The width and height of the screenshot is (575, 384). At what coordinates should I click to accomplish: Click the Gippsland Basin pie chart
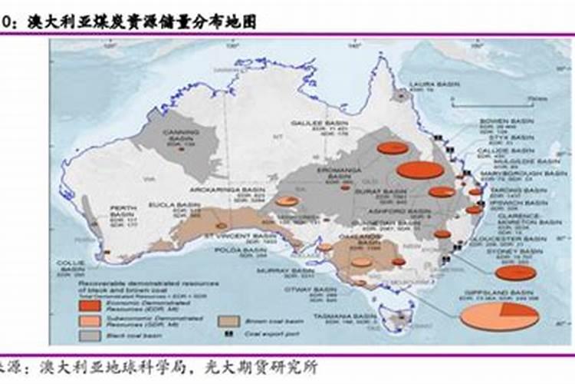coord(499,316)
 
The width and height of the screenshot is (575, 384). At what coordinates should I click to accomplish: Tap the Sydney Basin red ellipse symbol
coord(515,273)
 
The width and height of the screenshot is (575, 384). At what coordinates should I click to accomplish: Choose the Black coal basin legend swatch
coord(90,336)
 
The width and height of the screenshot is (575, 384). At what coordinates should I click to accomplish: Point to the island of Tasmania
coord(399,318)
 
